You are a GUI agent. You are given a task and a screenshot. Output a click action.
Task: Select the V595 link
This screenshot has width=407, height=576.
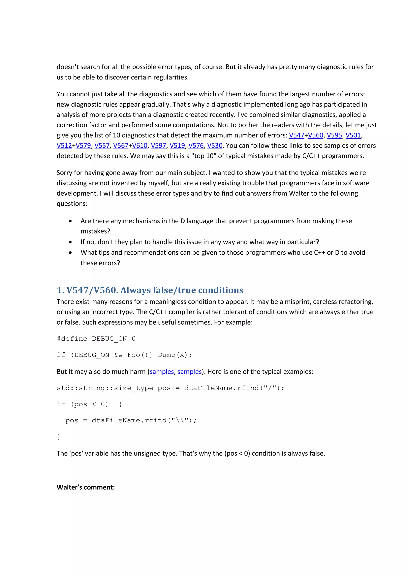(334, 135)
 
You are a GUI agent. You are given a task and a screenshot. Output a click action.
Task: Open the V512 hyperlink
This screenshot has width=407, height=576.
(64, 145)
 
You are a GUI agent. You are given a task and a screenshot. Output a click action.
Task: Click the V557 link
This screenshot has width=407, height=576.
(102, 145)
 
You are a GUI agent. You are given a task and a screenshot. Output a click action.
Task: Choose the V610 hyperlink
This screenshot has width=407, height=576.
(140, 145)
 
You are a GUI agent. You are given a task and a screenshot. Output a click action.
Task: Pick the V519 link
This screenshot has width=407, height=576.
(177, 145)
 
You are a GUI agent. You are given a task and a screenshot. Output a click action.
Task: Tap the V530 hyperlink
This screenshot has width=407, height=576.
(215, 145)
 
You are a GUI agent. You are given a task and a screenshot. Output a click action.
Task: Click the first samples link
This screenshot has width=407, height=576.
(162, 371)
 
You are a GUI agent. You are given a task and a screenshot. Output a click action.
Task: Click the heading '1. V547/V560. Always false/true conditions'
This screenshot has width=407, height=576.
(150, 290)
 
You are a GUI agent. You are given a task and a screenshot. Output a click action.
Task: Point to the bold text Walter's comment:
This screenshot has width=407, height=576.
(85, 487)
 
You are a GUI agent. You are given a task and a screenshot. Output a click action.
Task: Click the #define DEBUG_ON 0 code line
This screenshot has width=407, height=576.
(96, 339)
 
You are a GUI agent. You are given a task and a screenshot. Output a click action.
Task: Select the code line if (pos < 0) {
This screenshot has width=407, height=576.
(89, 404)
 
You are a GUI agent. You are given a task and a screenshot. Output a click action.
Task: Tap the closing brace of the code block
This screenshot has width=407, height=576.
(59, 436)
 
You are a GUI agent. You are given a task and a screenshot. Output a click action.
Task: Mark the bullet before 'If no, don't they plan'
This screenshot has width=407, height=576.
(71, 242)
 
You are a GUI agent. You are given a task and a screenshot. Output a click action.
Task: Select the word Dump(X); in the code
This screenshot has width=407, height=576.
(175, 355)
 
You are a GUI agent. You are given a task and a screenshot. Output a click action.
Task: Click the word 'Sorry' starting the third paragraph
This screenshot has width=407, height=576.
(64, 173)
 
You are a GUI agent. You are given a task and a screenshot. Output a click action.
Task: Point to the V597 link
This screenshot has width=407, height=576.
(158, 145)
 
